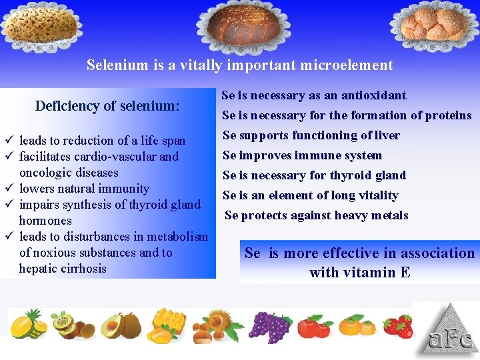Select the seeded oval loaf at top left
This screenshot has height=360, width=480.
coord(42,27)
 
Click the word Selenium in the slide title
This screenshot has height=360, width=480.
coord(114,65)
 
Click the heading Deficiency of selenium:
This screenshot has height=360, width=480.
coord(107,106)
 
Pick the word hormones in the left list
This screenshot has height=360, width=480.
coord(45,221)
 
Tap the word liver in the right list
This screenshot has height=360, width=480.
coord(386,135)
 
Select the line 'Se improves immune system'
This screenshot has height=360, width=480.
coord(302,155)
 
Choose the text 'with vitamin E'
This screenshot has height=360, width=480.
coord(359,272)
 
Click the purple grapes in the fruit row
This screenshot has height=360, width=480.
coord(269,325)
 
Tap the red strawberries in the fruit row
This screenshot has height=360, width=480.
coord(397,325)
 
